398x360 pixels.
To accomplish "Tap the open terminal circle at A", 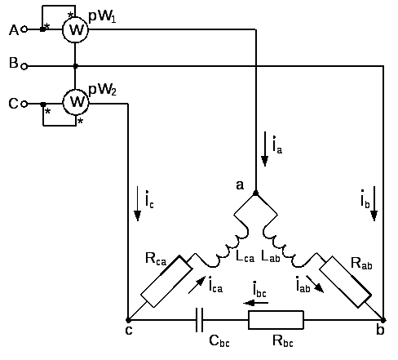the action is (x=24, y=29).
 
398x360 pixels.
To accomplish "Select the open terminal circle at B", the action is (x=24, y=66).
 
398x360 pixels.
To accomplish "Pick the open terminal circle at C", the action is (x=24, y=104).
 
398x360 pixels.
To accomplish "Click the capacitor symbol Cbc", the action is (x=199, y=320).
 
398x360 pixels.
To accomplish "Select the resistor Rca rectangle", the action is (x=166, y=282).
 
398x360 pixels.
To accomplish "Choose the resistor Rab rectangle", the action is (x=345, y=282).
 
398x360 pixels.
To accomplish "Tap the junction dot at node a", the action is (x=255, y=193).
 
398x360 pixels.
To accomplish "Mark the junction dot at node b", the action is (x=383, y=320).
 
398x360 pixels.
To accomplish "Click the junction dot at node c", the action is (x=128, y=320).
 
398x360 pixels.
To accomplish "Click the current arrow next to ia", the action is (x=264, y=149).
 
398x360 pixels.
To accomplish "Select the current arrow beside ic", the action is (x=138, y=203).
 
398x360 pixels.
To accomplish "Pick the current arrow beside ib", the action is (x=374, y=203).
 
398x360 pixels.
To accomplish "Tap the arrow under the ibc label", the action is (x=256, y=303).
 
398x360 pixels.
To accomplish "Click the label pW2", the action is (x=103, y=89).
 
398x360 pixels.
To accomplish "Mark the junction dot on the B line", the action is (x=76, y=66).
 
